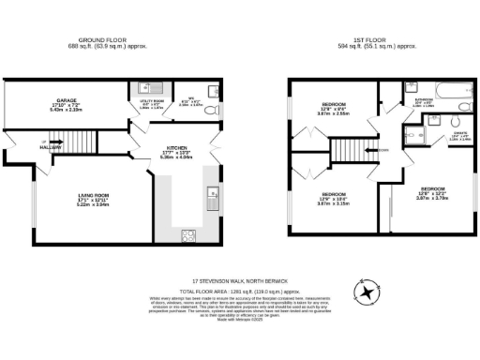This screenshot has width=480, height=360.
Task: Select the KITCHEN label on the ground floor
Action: tap(178, 148)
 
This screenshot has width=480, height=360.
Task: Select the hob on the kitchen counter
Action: tap(186, 234)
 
